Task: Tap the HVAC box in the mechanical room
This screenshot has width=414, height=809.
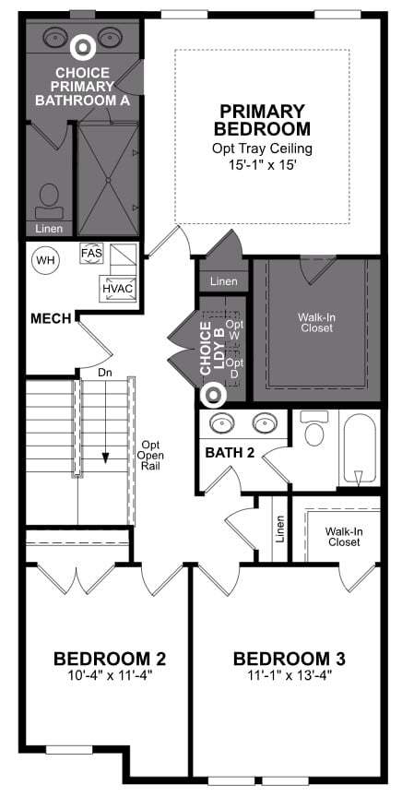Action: [118, 289]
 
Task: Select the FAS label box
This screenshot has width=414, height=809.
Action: [91, 253]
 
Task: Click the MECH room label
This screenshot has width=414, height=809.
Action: [51, 319]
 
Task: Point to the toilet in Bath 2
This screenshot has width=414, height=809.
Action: [314, 428]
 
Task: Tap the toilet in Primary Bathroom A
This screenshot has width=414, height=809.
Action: [50, 202]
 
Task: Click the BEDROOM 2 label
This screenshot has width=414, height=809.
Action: [110, 659]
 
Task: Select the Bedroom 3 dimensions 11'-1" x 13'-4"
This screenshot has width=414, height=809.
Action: [290, 674]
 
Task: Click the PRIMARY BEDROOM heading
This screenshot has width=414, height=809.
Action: [263, 119]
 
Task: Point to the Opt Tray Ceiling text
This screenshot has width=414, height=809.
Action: [263, 149]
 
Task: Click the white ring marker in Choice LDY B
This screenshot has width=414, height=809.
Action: [212, 395]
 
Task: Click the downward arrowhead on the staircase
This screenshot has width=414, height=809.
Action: [106, 458]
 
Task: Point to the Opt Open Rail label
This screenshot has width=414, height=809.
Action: [149, 456]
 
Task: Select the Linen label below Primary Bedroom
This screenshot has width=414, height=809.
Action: [224, 281]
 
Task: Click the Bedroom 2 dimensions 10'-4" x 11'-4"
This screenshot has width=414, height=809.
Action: [110, 674]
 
